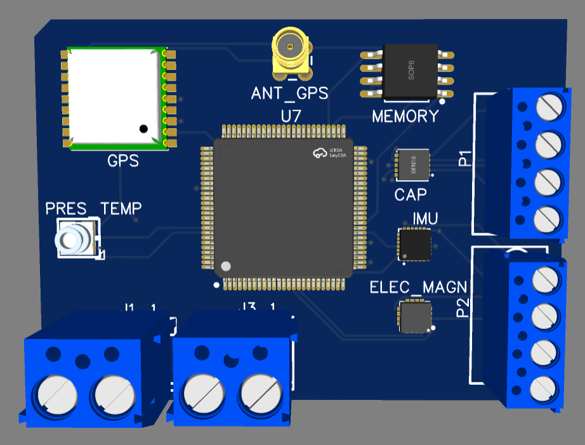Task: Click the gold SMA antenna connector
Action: (291, 48)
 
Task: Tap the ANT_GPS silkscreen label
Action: (289, 94)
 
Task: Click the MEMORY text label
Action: (405, 117)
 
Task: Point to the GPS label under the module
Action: (123, 161)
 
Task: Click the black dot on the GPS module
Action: (144, 129)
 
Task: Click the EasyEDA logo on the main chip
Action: (327, 153)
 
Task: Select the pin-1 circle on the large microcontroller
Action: (225, 266)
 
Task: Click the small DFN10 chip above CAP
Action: (412, 164)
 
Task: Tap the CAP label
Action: (411, 194)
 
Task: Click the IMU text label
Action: (425, 219)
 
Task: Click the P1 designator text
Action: (465, 158)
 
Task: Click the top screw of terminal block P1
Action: (549, 106)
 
